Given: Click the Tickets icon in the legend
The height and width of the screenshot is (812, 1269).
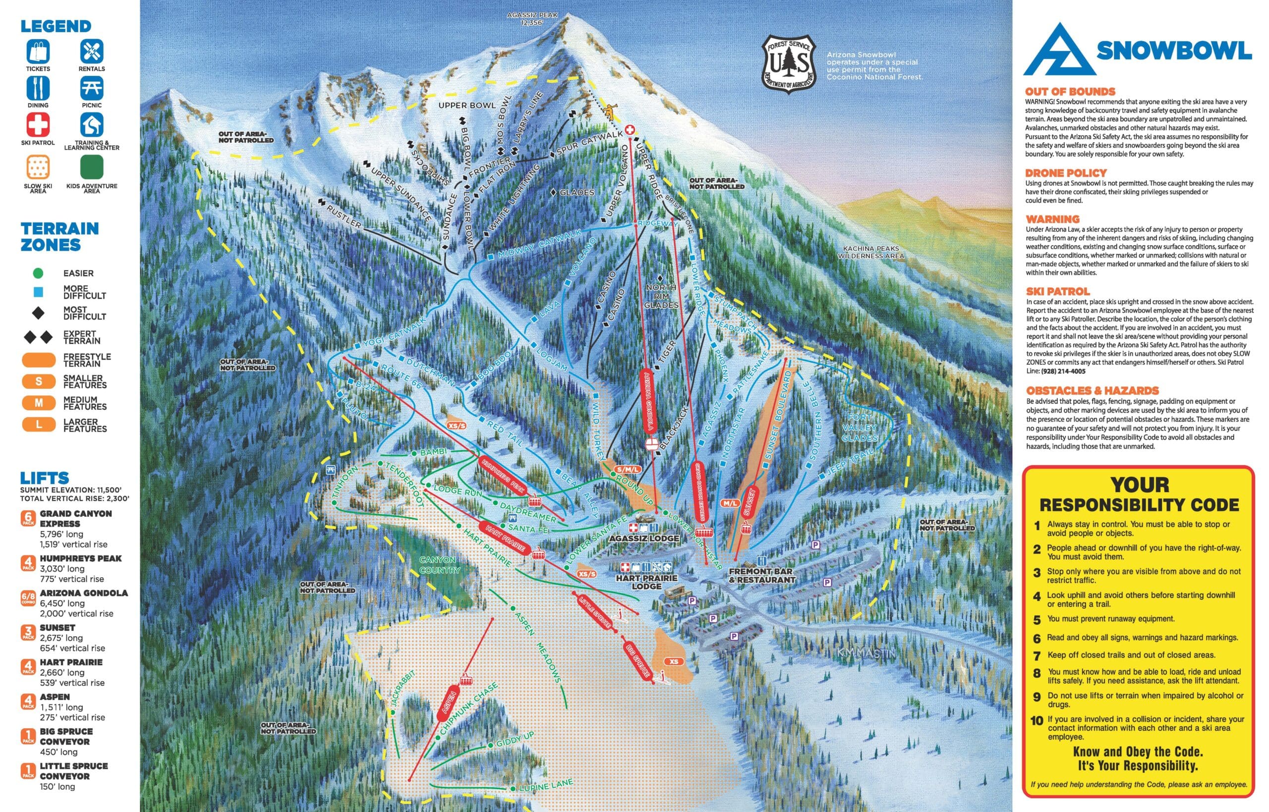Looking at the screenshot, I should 38,51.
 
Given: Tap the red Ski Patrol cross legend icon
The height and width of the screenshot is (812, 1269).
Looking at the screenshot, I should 38,125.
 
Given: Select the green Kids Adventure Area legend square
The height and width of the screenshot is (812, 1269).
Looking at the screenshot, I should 92,167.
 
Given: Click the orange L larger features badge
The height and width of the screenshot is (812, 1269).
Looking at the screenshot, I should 39,425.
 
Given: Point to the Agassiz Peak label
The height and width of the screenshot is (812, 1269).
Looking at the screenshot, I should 532,18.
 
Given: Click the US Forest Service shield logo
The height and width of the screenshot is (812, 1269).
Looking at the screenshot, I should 789,65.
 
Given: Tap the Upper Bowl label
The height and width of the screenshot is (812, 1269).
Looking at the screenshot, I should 467,106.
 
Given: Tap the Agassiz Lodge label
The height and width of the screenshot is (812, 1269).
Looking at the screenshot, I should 643,539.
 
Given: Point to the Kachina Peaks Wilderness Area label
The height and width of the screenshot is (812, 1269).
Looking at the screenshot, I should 871,252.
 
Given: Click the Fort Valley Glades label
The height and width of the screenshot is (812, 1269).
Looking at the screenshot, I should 859,428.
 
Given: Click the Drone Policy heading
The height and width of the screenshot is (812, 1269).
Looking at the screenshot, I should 1065,173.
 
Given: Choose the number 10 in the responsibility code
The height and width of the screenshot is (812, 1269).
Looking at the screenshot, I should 1037,721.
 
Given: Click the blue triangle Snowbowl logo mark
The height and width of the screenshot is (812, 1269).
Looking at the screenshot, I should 1056,50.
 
